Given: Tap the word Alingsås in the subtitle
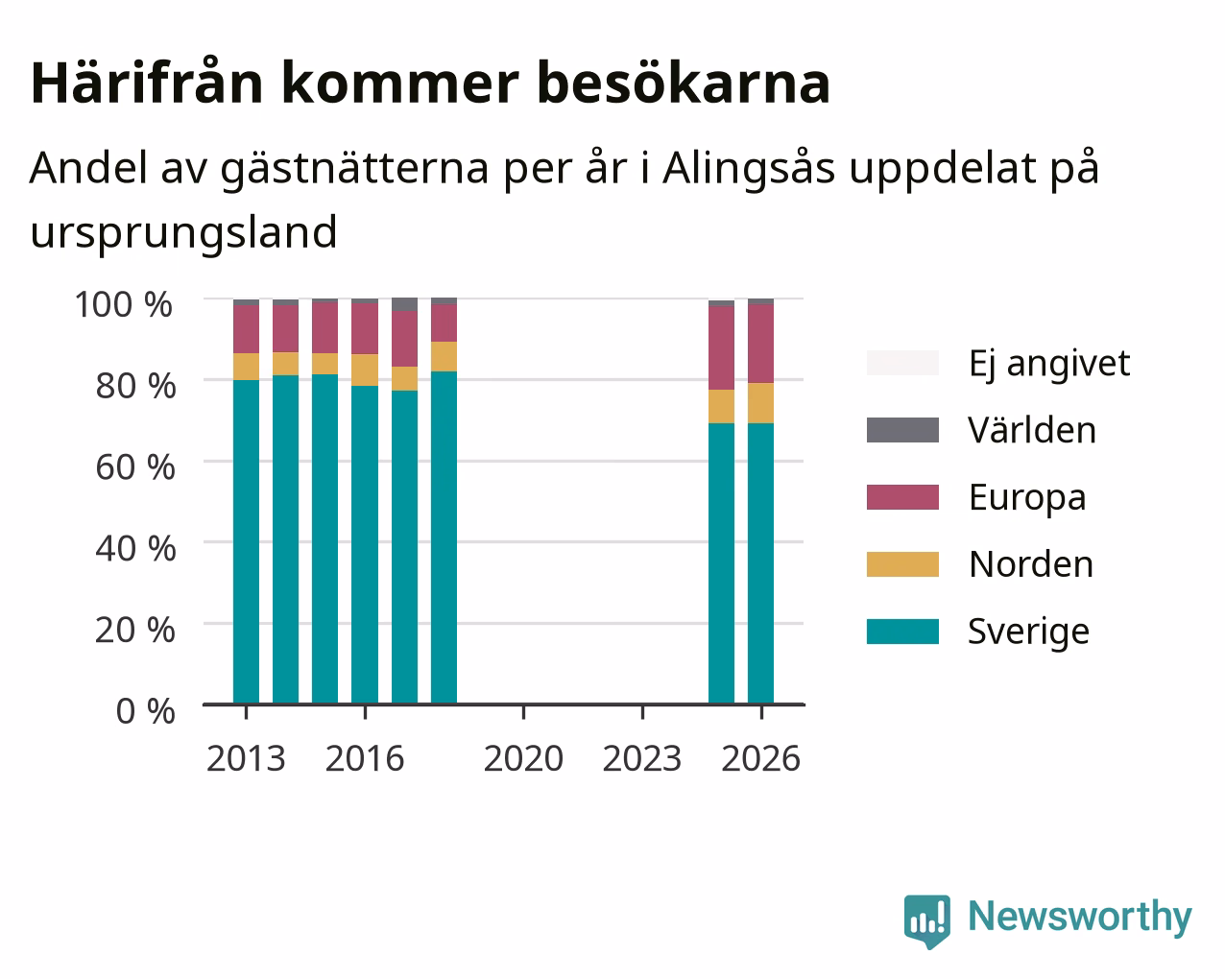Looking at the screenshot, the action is pyautogui.click(x=749, y=169).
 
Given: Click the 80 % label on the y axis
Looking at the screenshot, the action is pyautogui.click(x=135, y=386).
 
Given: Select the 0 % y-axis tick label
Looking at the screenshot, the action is pyautogui.click(x=145, y=711).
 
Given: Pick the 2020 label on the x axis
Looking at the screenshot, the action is pyautogui.click(x=523, y=758).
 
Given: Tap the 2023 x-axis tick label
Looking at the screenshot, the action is pyautogui.click(x=642, y=758).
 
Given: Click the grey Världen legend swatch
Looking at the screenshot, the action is pyautogui.click(x=902, y=430).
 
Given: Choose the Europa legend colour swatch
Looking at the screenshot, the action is pyautogui.click(x=902, y=497).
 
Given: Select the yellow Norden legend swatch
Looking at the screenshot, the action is pyautogui.click(x=902, y=564).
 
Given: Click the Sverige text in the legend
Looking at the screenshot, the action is pyautogui.click(x=1028, y=632).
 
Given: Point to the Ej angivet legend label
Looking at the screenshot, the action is pyautogui.click(x=1049, y=363).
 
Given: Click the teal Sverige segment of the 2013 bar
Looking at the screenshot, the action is pyautogui.click(x=246, y=541).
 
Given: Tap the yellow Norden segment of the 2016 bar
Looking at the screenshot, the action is pyautogui.click(x=364, y=370).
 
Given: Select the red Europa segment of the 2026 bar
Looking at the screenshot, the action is pyautogui.click(x=760, y=344).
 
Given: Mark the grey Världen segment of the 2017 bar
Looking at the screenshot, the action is pyautogui.click(x=404, y=304).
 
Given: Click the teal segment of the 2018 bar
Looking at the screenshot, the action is pyautogui.click(x=444, y=537).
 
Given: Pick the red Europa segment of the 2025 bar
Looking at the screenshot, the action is pyautogui.click(x=721, y=347).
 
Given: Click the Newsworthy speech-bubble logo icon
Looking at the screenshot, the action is pyautogui.click(x=927, y=919).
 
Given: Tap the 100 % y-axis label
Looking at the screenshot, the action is pyautogui.click(x=124, y=304).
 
